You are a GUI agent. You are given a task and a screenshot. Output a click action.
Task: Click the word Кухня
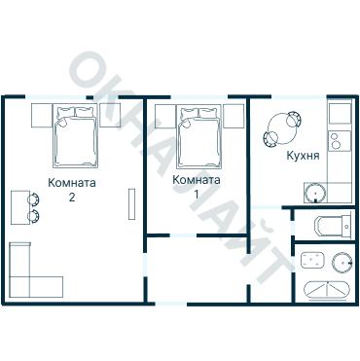[x=303, y=156]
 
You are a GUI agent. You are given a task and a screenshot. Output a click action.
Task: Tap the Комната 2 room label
[x=72, y=190]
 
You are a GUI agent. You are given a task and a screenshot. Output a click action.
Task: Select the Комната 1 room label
[x=197, y=187]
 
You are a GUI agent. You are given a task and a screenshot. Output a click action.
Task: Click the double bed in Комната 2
[x=76, y=136]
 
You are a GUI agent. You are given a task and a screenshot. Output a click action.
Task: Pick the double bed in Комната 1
[x=199, y=136]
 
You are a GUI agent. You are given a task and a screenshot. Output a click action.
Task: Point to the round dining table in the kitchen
[x=281, y=128]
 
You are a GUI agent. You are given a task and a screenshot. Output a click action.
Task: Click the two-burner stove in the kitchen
[x=340, y=141]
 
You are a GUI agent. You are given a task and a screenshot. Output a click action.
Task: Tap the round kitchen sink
[x=315, y=193]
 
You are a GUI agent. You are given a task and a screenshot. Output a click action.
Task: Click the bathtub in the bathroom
[x=327, y=290]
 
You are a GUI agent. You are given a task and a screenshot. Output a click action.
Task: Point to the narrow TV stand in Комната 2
[x=131, y=203]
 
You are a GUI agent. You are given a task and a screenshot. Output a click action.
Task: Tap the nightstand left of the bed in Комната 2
[x=42, y=116]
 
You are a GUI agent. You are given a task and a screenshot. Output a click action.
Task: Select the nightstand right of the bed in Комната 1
[x=234, y=116]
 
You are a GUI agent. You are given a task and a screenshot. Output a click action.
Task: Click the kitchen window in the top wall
[x=299, y=97]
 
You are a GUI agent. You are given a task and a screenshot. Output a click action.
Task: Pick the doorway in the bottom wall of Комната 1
[x=183, y=235]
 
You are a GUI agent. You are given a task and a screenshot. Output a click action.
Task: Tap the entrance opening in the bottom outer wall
[x=171, y=304]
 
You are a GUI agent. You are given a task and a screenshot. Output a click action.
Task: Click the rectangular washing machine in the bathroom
[x=312, y=261]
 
